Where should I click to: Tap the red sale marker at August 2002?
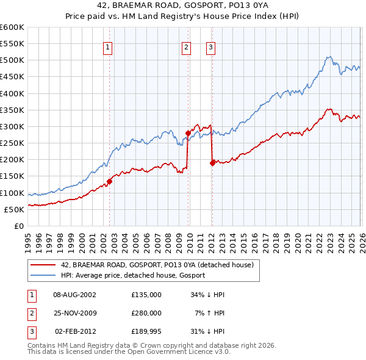coord(110,181)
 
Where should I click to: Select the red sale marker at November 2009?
coord(188,132)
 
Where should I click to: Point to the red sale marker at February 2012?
coord(212,163)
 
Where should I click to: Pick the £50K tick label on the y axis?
coord(14,209)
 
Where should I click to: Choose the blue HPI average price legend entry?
coord(132,275)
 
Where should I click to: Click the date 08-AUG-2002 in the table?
coord(74,295)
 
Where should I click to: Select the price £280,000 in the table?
coord(146,313)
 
